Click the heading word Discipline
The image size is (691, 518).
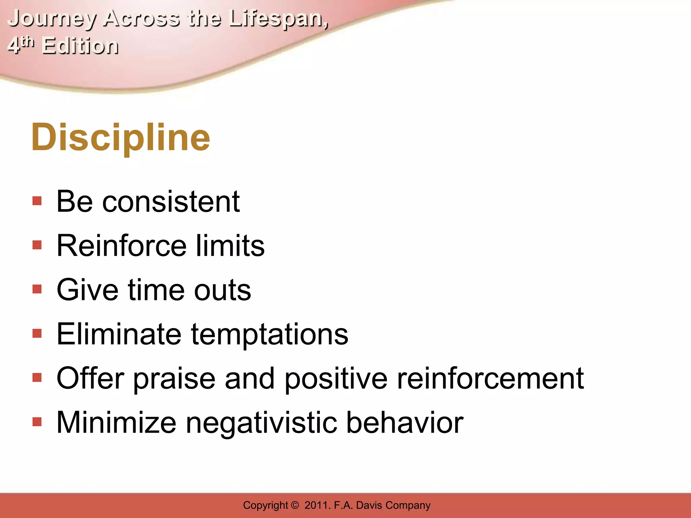click(x=120, y=137)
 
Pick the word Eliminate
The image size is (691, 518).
click(x=119, y=334)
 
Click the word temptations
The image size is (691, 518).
click(x=270, y=335)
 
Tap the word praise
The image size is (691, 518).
click(x=174, y=379)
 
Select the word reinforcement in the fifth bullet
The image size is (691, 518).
click(x=490, y=378)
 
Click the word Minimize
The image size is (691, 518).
click(x=116, y=423)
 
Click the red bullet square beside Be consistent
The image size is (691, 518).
click(x=37, y=201)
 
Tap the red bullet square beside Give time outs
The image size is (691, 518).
click(x=37, y=289)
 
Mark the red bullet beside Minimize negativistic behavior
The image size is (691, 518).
click(x=37, y=422)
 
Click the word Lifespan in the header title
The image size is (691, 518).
click(x=278, y=19)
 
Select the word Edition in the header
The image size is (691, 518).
click(x=80, y=46)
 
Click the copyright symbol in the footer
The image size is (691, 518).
click(x=295, y=505)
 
